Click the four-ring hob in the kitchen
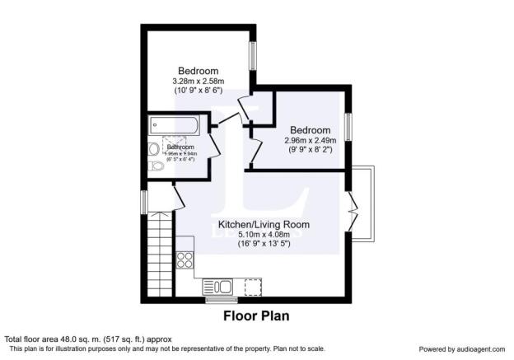pyautogui.click(x=185, y=259)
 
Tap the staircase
pyautogui.click(x=159, y=256)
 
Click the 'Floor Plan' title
pyautogui.click(x=256, y=316)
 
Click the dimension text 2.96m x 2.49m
pyautogui.click(x=310, y=141)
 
